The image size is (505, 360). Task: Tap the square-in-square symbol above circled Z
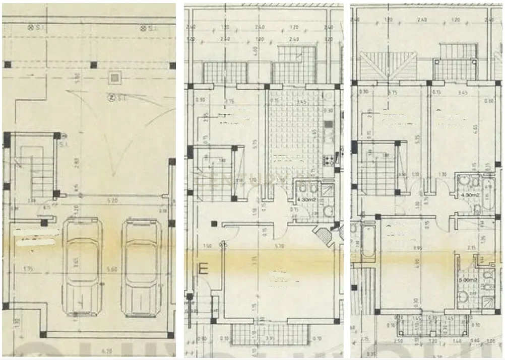click(x=115, y=78)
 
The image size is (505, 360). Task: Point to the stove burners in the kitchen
click(x=327, y=161)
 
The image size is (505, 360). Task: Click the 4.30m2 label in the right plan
click(x=466, y=194)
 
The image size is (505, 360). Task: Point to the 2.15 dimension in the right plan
click(x=471, y=248)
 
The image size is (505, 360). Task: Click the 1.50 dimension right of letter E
click(x=207, y=246)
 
